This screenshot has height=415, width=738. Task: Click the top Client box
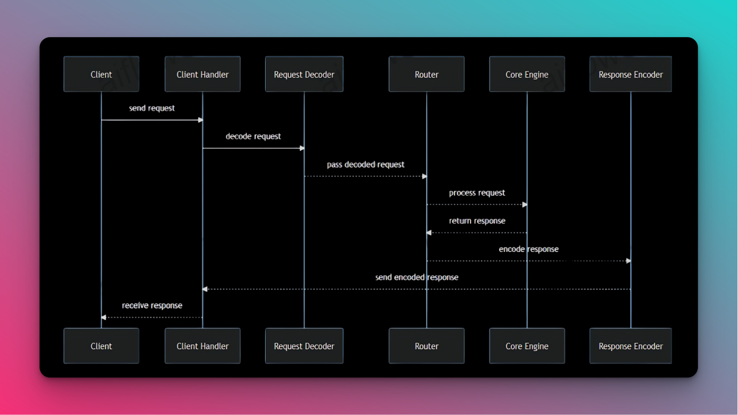(101, 74)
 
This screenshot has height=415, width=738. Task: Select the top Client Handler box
(202, 74)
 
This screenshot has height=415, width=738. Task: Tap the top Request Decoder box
(304, 74)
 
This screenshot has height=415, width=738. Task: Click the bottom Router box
(426, 346)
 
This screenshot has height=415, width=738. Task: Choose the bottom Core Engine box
(527, 346)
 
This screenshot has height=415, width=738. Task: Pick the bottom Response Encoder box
(630, 346)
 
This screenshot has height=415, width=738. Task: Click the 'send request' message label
(152, 108)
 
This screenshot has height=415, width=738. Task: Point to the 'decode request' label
(253, 136)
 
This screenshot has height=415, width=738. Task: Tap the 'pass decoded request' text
(365, 164)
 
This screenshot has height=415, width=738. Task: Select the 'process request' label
(477, 193)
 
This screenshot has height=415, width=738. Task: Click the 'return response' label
(477, 221)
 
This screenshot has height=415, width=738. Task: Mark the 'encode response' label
(528, 249)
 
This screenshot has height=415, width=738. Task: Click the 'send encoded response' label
(416, 277)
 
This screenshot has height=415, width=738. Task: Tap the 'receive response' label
(152, 305)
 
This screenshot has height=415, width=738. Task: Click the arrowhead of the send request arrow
(201, 120)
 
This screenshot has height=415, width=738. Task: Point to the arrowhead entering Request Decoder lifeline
(302, 148)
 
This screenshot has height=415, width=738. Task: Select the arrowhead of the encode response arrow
(628, 261)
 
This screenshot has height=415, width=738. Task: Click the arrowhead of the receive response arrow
(104, 317)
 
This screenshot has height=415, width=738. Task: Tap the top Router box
(426, 74)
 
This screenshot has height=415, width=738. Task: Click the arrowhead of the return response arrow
(429, 233)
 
